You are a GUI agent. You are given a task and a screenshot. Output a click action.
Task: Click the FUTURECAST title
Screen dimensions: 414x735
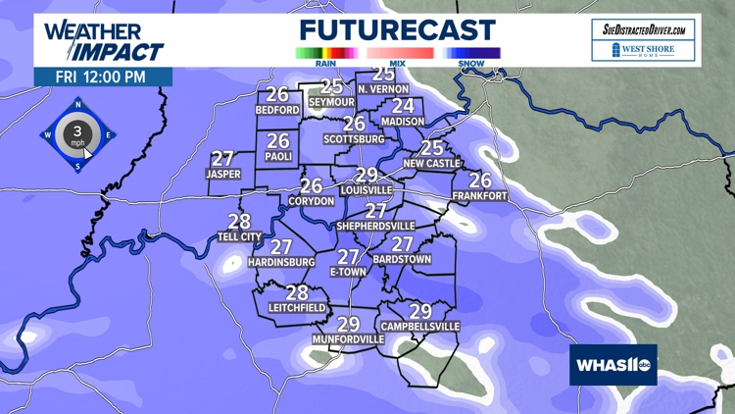(x=398, y=30)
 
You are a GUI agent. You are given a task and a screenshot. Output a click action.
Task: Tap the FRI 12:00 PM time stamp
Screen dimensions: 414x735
(x=103, y=77)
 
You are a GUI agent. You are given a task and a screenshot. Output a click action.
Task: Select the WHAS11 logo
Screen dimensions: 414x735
(x=613, y=365)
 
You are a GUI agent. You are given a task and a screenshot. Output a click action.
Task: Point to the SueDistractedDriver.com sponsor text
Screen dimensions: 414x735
(x=646, y=29)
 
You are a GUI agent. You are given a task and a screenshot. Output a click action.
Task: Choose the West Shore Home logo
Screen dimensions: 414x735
(x=646, y=50)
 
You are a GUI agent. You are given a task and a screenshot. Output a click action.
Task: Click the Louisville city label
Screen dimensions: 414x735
(x=367, y=189)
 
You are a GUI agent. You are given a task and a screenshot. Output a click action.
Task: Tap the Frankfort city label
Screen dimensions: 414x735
(x=479, y=196)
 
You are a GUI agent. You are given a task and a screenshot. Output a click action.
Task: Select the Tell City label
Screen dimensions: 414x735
(x=239, y=236)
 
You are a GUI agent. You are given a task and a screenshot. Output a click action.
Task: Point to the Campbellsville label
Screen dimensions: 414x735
(x=420, y=326)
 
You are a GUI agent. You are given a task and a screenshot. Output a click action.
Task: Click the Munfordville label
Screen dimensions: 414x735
(x=348, y=339)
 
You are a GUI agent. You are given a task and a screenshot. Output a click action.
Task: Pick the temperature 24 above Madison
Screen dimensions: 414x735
(x=403, y=106)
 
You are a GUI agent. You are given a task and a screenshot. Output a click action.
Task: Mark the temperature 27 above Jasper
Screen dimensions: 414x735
(x=222, y=159)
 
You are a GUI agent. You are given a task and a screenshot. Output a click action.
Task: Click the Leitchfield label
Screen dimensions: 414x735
(x=297, y=308)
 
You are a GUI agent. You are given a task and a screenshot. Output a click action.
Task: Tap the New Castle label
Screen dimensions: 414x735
(x=431, y=164)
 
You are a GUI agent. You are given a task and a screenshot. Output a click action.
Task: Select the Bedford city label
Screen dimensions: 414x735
(x=276, y=111)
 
